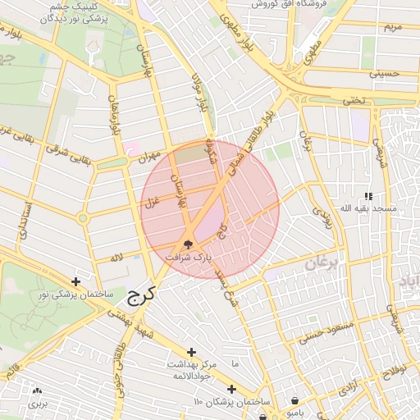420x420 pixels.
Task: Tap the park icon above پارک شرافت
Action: pos(188,244)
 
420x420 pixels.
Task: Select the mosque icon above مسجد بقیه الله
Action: pos(368,196)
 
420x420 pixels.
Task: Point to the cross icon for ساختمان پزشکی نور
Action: pos(76,281)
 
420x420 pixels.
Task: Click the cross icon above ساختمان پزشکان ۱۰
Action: pos(231,389)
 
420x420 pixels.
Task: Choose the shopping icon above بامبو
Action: pos(294,401)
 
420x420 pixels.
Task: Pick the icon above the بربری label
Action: pos(38,391)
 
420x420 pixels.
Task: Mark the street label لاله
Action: pos(117,258)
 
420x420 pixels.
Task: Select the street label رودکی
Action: pos(321,217)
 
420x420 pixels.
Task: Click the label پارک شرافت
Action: pos(189,257)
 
